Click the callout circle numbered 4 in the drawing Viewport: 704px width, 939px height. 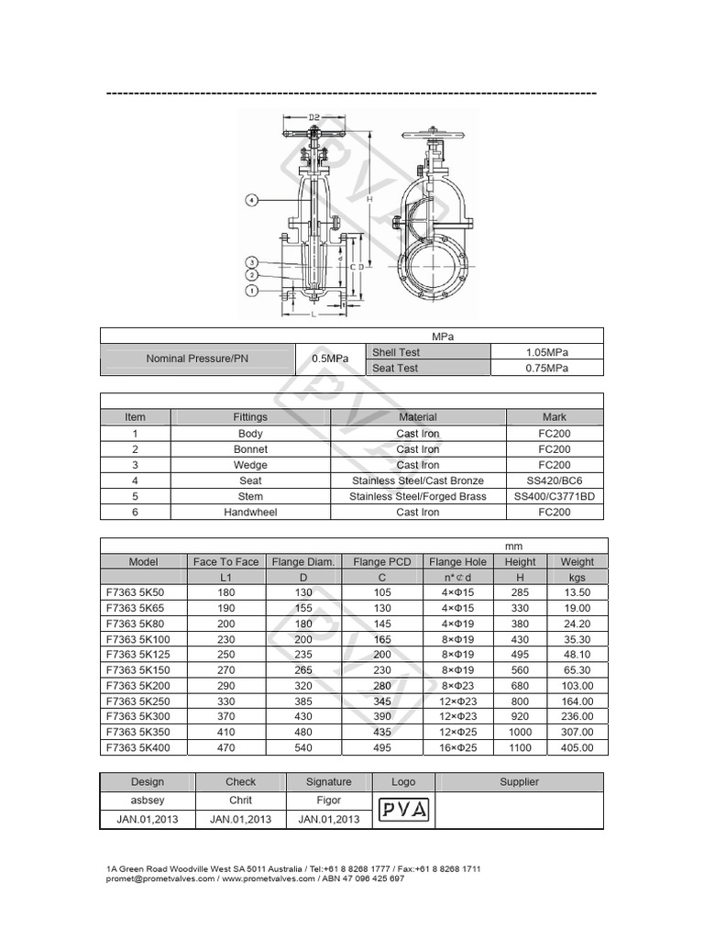coord(250,199)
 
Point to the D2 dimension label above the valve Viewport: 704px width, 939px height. coord(313,117)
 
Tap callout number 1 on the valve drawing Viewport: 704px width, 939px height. coord(250,291)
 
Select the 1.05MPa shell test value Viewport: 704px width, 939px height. coord(547,352)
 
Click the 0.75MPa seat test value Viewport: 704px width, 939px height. coord(547,368)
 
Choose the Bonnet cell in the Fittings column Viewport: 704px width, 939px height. coord(250,449)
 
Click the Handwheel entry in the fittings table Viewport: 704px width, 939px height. coord(250,512)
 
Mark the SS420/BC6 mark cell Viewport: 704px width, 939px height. coord(554,481)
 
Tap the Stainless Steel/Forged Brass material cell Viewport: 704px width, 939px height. coord(418,496)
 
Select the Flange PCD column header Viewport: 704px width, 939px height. coord(382,561)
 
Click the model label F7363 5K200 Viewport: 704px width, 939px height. coord(144,686)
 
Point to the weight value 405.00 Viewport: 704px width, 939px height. coord(577,747)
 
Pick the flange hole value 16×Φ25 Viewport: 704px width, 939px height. coord(458,747)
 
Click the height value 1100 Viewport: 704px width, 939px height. coord(520,747)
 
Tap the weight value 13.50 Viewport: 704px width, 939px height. coord(577,592)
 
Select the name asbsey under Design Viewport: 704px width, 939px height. coord(148,801)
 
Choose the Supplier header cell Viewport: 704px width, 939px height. coord(519,781)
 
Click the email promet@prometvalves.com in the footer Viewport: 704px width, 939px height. coord(160,878)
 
